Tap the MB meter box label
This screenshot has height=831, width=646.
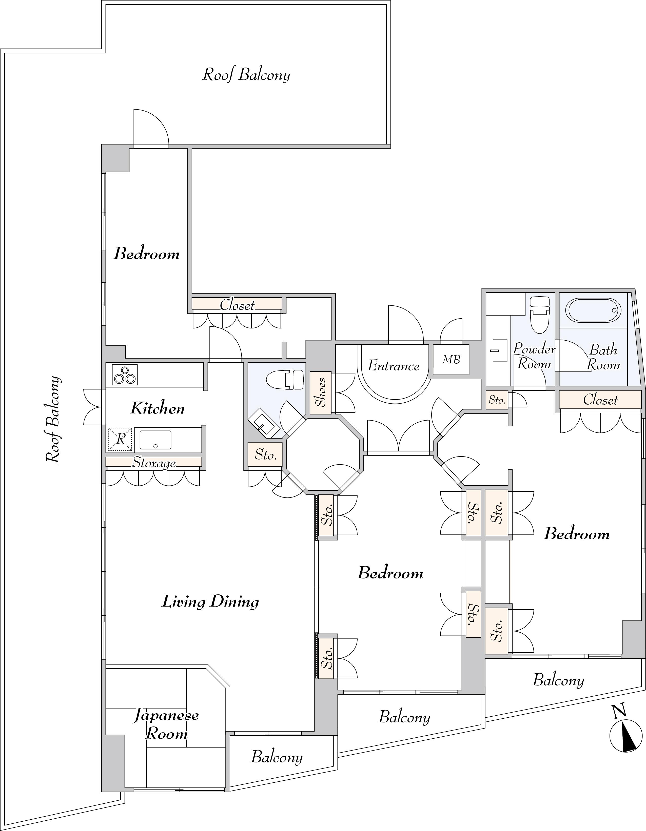451,359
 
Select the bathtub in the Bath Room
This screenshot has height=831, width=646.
594,310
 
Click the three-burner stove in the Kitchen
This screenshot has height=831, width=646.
125,375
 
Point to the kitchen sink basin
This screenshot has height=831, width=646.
155,440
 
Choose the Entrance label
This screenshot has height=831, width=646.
394,366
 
